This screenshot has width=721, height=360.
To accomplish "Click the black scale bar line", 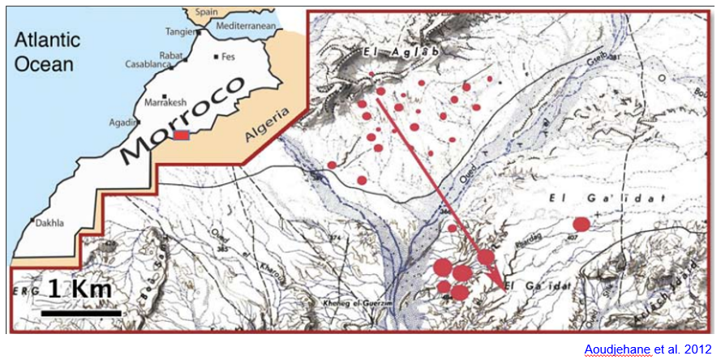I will pos(81,312).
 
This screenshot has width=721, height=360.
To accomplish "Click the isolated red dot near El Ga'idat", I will pos(581,224).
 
